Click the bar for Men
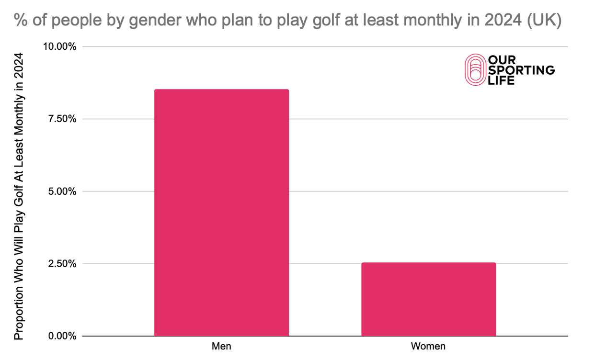point(221,213)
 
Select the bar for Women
point(428,299)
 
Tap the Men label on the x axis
point(221,346)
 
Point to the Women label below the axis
point(428,346)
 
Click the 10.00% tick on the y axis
point(59,46)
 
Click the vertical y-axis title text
point(19,196)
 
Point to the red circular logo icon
point(475,70)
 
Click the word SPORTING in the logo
point(521,70)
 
